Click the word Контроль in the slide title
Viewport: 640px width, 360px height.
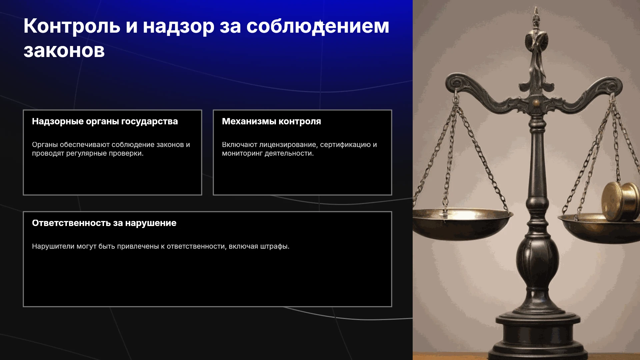coord(72,26)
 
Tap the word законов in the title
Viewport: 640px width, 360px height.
coord(64,51)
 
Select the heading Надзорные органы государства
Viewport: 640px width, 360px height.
coord(105,122)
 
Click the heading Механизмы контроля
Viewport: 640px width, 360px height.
coord(271,121)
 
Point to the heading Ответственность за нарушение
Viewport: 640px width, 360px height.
coord(104,223)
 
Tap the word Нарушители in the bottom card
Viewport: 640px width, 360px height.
coord(53,246)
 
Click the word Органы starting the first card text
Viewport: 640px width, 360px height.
coord(45,145)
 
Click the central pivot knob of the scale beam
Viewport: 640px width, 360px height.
coord(536,102)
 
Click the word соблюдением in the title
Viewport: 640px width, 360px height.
coord(318,26)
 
